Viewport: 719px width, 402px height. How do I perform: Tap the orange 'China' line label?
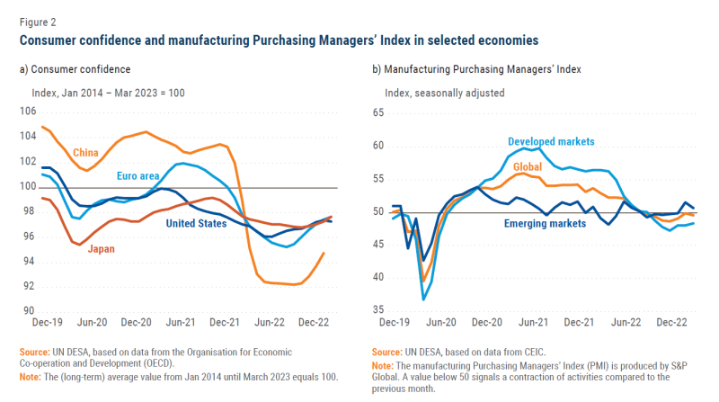(86, 151)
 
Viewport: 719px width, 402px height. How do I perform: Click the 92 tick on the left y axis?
(30, 286)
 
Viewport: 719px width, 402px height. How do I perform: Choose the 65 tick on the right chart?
(377, 112)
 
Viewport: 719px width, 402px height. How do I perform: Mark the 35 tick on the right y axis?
(377, 310)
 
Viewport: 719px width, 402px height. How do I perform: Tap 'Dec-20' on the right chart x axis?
(485, 321)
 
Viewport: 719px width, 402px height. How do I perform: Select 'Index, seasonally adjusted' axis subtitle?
(445, 93)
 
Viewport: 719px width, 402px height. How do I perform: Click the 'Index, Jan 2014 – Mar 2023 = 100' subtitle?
(109, 93)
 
